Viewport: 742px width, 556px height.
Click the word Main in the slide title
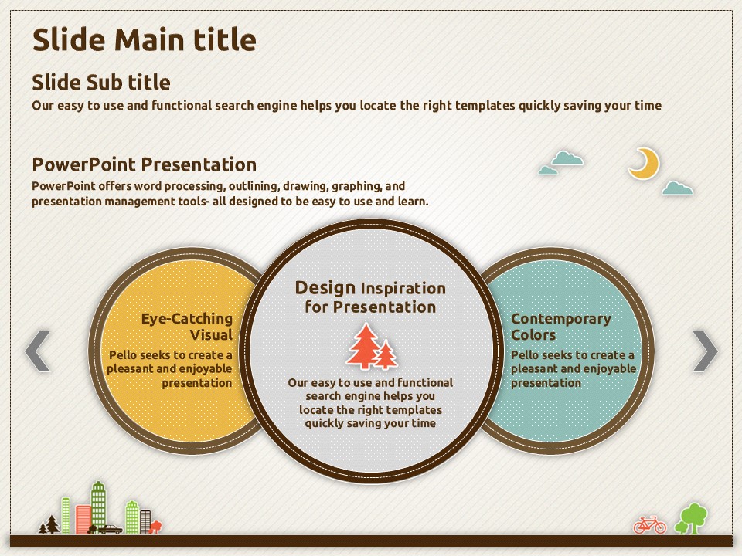[148, 39]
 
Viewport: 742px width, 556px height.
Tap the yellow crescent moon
[645, 164]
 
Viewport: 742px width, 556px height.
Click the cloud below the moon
[678, 188]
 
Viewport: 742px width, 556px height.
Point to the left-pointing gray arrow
[37, 351]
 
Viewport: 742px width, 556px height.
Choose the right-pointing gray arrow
[705, 351]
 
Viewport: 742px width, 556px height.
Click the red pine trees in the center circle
[372, 347]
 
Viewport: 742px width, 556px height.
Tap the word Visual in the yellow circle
[211, 334]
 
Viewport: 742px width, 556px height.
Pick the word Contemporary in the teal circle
[561, 319]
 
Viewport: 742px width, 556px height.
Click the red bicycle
[650, 525]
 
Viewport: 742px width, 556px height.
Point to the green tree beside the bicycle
[692, 519]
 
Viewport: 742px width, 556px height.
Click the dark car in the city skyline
[110, 529]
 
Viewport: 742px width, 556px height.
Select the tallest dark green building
[98, 505]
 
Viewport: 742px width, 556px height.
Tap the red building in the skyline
[83, 519]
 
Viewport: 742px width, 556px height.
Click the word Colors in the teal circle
[533, 334]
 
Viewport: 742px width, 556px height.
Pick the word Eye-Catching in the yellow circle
[187, 319]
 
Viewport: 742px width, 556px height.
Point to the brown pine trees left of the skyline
[49, 525]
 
